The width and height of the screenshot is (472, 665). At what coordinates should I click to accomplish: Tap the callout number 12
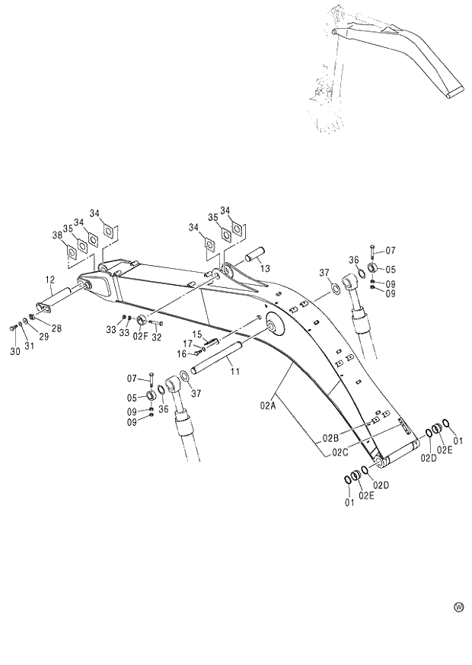[49, 279]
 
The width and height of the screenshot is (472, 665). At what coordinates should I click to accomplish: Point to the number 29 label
[43, 336]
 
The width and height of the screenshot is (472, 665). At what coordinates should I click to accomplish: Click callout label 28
[56, 328]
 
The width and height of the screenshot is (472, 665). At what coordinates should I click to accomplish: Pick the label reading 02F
[140, 336]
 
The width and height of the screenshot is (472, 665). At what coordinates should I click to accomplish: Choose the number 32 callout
[157, 336]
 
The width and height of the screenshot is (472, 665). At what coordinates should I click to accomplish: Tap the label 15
[196, 334]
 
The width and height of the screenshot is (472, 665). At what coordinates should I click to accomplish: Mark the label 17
[187, 344]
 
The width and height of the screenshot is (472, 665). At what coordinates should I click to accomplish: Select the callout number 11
[235, 371]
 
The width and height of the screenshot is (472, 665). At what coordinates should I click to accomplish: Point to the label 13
[264, 268]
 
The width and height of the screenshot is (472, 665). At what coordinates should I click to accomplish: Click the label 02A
[266, 406]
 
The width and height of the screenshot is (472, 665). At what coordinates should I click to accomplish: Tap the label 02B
[330, 438]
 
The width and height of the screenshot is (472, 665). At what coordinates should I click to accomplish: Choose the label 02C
[340, 452]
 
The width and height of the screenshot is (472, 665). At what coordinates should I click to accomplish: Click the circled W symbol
[458, 607]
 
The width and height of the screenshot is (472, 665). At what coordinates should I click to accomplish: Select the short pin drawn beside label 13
[253, 252]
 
